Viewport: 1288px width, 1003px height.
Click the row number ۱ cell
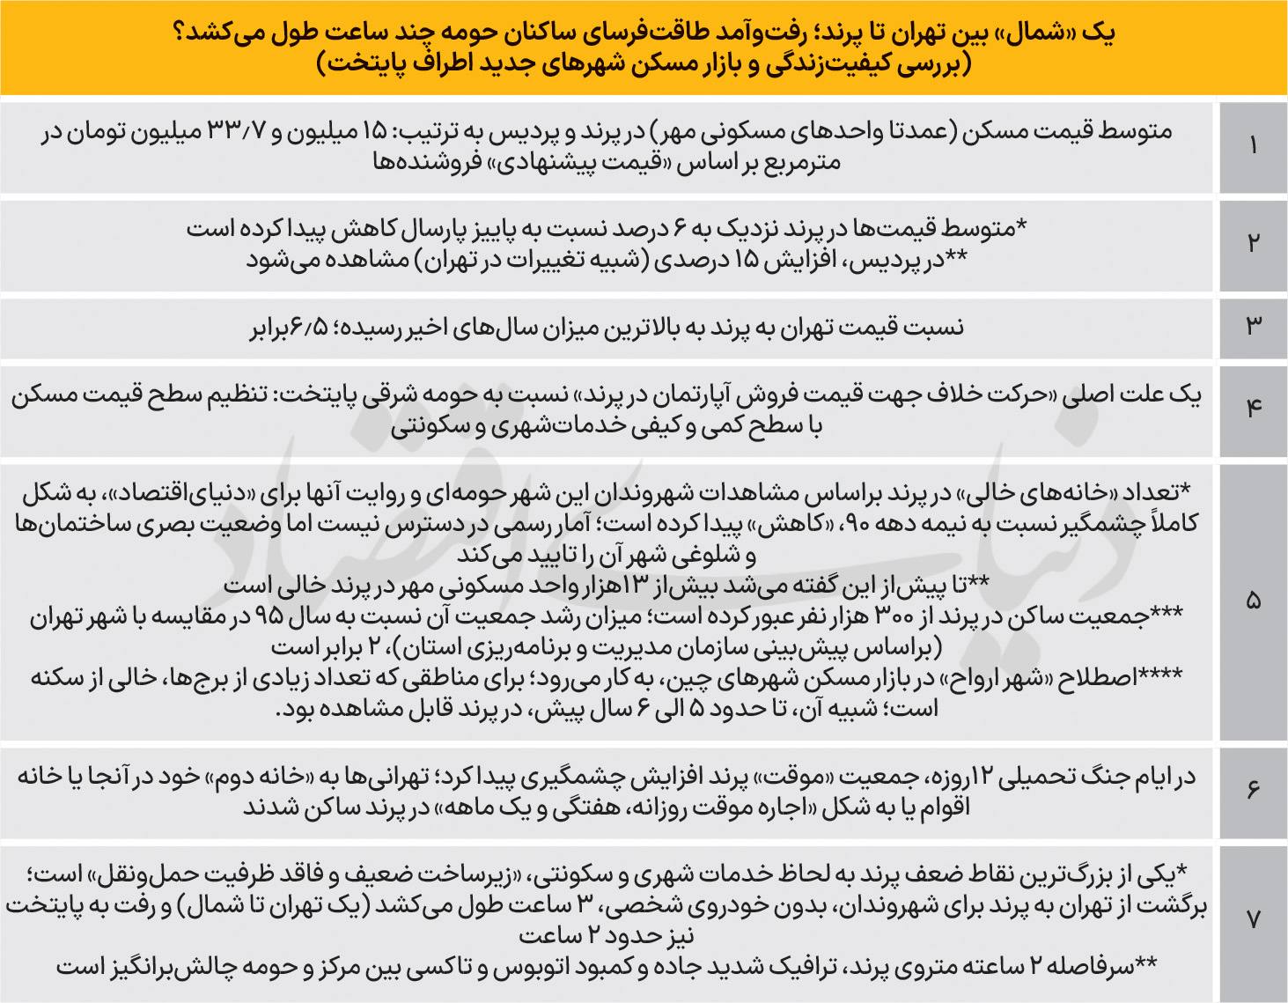click(1253, 146)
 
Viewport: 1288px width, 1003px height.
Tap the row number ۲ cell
click(1253, 244)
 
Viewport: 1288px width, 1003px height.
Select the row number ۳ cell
click(1253, 326)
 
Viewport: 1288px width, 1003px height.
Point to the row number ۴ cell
click(1253, 408)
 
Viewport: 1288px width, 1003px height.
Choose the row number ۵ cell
click(1253, 601)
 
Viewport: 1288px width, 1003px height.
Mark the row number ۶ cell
click(1253, 790)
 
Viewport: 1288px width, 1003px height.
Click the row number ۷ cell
click(1253, 920)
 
